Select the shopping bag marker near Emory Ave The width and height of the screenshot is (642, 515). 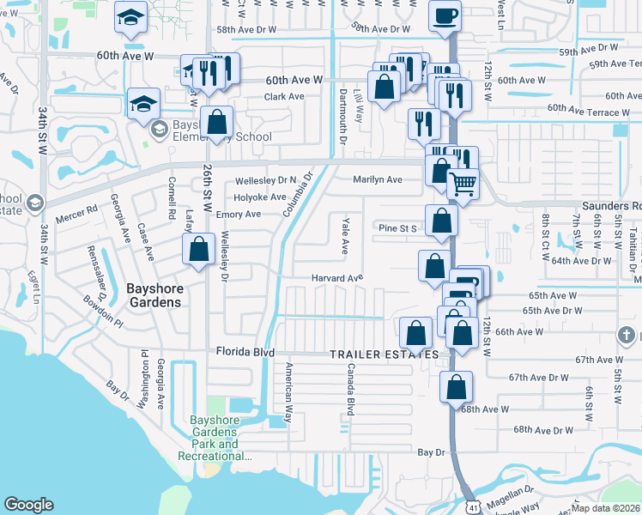click(198, 250)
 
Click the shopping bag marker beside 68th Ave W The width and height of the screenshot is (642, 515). click(455, 387)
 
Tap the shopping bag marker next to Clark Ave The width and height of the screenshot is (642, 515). click(217, 123)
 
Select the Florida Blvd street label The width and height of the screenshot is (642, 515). click(245, 352)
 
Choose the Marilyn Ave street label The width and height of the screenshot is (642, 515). click(377, 179)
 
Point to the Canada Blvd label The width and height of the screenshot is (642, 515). click(349, 389)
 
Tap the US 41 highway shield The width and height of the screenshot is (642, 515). click(472, 506)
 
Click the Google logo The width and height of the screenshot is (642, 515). click(28, 505)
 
